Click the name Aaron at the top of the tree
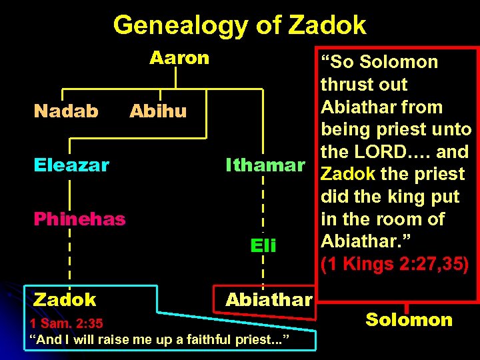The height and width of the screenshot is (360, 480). [179, 59]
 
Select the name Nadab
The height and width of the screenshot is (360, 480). [66, 111]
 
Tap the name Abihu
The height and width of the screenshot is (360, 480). [158, 111]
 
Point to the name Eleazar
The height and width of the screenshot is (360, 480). [71, 165]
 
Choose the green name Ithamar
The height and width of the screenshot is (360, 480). [265, 164]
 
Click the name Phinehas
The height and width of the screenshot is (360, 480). [80, 219]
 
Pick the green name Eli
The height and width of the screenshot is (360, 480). [263, 246]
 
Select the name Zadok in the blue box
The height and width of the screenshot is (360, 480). [65, 300]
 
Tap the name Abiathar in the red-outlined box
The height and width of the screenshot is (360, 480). [269, 300]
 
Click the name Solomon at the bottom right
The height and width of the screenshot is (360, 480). [409, 319]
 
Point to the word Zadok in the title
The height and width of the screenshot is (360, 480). [327, 25]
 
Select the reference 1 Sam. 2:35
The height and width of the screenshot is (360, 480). [67, 324]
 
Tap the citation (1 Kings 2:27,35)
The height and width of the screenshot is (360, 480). [395, 265]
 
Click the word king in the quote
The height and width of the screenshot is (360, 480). [413, 197]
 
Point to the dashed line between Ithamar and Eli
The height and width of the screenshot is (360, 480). [264, 200]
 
